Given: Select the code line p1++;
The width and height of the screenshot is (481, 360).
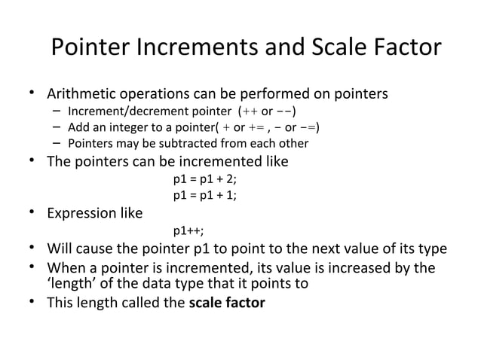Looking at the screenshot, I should click(x=188, y=230).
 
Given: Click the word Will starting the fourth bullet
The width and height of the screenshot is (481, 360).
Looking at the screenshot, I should click(x=60, y=249).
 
